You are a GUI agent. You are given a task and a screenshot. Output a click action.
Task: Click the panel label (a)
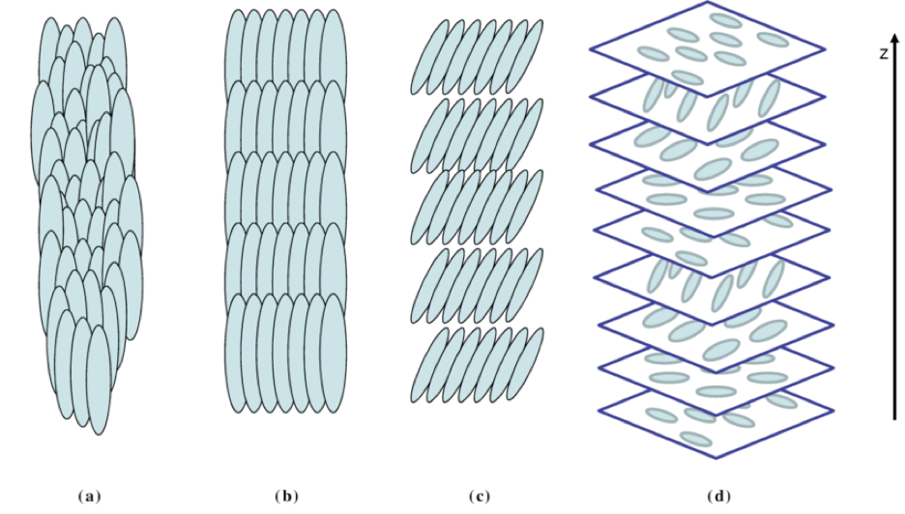click(88, 497)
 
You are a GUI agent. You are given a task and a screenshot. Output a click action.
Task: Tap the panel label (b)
click(287, 497)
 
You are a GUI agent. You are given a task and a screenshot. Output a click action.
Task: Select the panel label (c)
click(479, 497)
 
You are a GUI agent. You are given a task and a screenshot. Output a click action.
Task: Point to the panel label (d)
click(716, 497)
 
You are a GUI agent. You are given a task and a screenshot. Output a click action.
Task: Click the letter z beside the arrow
click(883, 54)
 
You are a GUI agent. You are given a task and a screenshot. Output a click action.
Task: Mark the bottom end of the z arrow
click(896, 417)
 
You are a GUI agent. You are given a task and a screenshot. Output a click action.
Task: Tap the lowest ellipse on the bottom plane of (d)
click(695, 440)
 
